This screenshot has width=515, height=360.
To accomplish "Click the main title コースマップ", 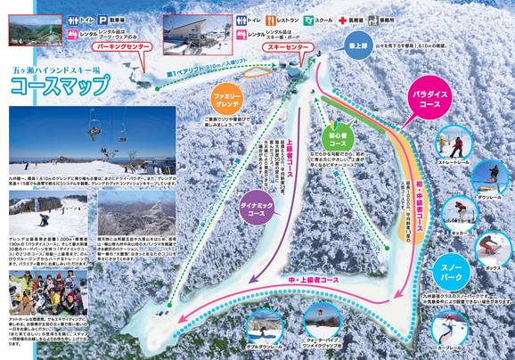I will pos(59,86).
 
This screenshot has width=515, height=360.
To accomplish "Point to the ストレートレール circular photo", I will pos(446,147).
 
